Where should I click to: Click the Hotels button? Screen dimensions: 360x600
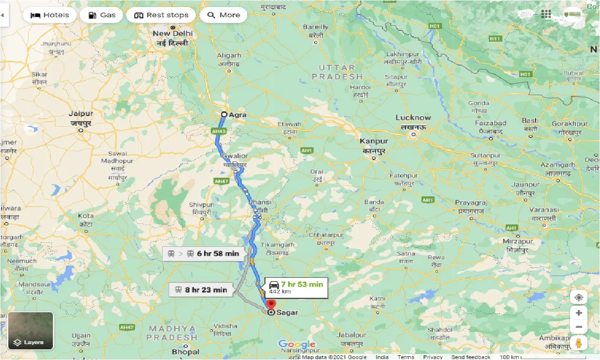click(50, 15)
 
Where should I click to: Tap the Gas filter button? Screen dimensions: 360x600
click(101, 15)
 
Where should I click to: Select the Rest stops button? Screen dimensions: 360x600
click(161, 15)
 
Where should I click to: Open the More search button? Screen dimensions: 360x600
click(223, 15)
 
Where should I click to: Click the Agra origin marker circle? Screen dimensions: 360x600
click(224, 115)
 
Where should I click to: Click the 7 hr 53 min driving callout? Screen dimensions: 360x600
click(296, 287)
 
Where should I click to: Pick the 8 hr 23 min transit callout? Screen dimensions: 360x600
click(200, 290)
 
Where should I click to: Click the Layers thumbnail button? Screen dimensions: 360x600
click(31, 331)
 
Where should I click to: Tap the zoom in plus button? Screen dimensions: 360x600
click(579, 313)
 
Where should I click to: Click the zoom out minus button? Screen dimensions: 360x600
click(579, 327)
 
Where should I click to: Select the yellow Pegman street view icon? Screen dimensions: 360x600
click(579, 343)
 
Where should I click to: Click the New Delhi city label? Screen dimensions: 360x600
click(172, 34)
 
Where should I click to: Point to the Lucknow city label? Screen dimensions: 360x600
click(413, 118)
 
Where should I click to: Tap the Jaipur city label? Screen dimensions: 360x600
click(81, 114)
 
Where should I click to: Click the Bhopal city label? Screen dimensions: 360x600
click(186, 352)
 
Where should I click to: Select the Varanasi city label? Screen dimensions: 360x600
click(544, 210)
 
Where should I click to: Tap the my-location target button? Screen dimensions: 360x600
click(579, 297)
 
